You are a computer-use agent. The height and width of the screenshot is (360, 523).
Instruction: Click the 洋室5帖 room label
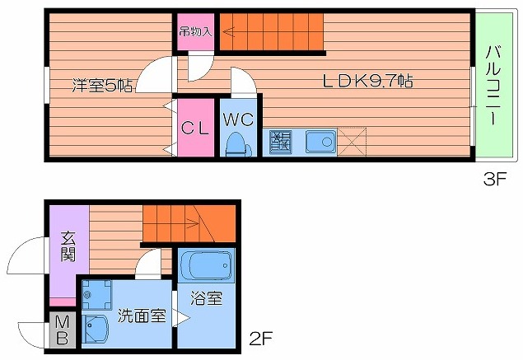click(x=102, y=84)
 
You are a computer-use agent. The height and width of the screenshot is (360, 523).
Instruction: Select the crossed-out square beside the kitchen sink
click(x=352, y=143)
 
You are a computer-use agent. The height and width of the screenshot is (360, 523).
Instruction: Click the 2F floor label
click(x=259, y=338)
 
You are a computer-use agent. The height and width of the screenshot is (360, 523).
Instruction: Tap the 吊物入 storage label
click(x=197, y=33)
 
